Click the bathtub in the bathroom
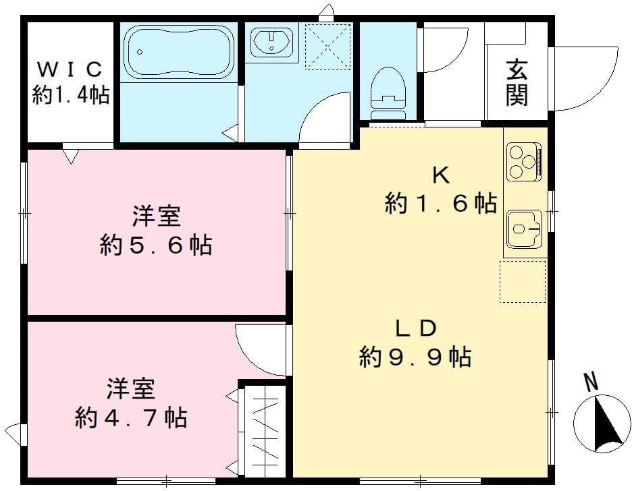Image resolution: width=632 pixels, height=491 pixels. [179, 53]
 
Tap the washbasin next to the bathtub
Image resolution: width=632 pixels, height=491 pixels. [271, 42]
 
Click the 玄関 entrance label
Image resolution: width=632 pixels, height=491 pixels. [517, 83]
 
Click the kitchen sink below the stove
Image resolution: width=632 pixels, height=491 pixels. [523, 227]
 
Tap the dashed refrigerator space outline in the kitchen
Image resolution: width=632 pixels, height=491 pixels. [523, 281]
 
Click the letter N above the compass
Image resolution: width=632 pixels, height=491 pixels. [591, 382]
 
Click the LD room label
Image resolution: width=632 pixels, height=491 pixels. [415, 328]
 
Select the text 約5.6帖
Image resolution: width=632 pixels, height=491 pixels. [155, 245]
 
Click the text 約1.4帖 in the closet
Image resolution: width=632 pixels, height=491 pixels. [71, 95]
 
